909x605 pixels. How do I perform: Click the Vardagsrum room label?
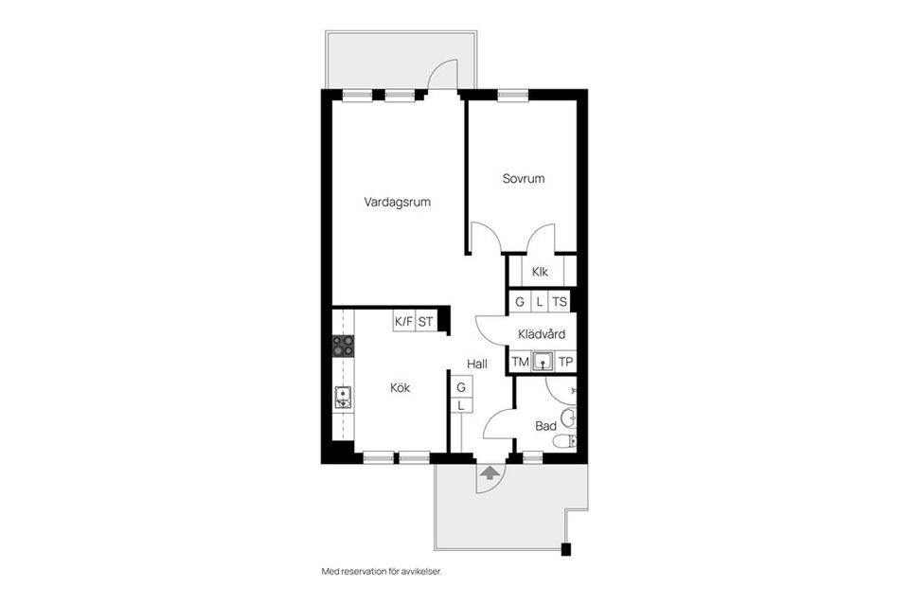pyautogui.click(x=398, y=202)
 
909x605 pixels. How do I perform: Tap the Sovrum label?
pyautogui.click(x=524, y=178)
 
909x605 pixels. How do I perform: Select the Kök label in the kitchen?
pyautogui.click(x=401, y=387)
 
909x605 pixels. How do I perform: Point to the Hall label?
pyautogui.click(x=478, y=363)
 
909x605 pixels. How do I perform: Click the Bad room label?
pyautogui.click(x=545, y=426)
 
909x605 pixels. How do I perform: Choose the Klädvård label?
pyautogui.click(x=542, y=334)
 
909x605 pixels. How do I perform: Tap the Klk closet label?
pyautogui.click(x=541, y=272)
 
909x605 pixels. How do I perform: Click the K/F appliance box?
pyautogui.click(x=404, y=322)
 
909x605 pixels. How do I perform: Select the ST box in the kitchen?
pyautogui.click(x=426, y=322)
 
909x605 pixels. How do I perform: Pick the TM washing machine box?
pyautogui.click(x=520, y=362)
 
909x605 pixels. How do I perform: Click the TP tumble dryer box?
pyautogui.click(x=565, y=362)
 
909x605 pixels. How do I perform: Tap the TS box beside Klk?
pyautogui.click(x=561, y=302)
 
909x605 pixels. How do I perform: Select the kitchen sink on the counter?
pyautogui.click(x=343, y=399)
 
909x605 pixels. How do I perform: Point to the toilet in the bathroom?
pyautogui.click(x=565, y=440)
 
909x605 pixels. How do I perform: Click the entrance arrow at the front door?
pyautogui.click(x=490, y=473)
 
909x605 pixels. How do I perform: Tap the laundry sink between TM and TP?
pyautogui.click(x=543, y=361)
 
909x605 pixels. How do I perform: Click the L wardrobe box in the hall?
pyautogui.click(x=461, y=405)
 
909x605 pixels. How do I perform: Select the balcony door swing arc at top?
pyautogui.click(x=442, y=74)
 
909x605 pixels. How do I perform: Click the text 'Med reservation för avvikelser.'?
pyautogui.click(x=382, y=572)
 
